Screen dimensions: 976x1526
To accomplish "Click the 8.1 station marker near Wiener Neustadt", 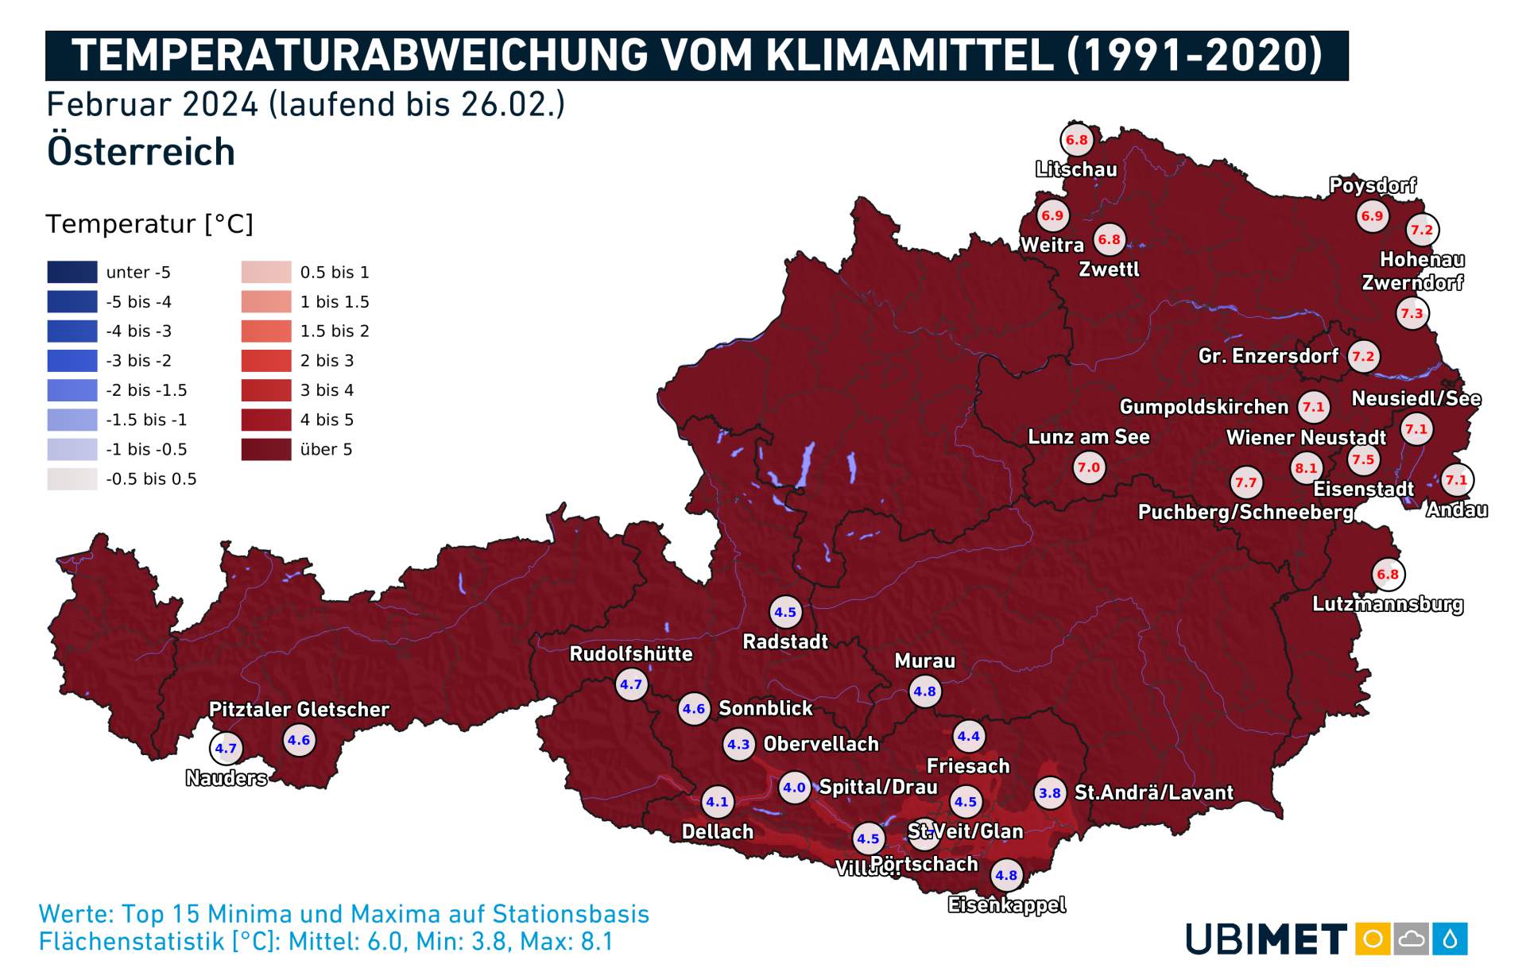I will click(x=1306, y=468).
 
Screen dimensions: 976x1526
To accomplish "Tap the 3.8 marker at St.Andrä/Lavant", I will click(x=1050, y=793).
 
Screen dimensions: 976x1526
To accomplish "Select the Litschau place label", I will click(x=1076, y=169).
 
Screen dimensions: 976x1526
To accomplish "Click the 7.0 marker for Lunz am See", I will click(x=1088, y=467).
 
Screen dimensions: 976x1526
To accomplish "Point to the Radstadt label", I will click(x=784, y=641).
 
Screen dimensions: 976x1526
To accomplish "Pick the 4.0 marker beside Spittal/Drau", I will click(x=794, y=788).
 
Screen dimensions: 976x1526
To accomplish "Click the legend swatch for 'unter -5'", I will click(x=72, y=272).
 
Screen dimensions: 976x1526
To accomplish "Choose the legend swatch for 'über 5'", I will click(x=266, y=449).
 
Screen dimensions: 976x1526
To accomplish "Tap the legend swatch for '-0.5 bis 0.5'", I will click(x=72, y=478).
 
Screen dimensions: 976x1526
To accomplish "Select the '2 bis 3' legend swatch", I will click(x=266, y=361).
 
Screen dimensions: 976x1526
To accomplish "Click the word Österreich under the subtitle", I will click(x=141, y=151).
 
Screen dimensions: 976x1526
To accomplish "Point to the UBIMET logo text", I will click(x=1266, y=939).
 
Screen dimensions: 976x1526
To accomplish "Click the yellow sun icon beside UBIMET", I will click(x=1373, y=939).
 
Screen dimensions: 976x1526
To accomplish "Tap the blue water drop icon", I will click(x=1450, y=939).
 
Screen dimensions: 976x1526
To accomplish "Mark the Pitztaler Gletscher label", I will click(x=299, y=709).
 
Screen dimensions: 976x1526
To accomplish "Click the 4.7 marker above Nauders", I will click(x=226, y=748).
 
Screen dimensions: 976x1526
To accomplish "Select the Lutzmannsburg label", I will click(x=1387, y=604).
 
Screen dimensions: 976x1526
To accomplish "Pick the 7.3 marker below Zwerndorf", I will click(x=1412, y=313).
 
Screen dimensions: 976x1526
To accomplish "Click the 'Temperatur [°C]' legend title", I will click(x=149, y=224).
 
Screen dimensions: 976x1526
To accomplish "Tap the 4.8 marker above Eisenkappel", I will click(x=1006, y=875).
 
